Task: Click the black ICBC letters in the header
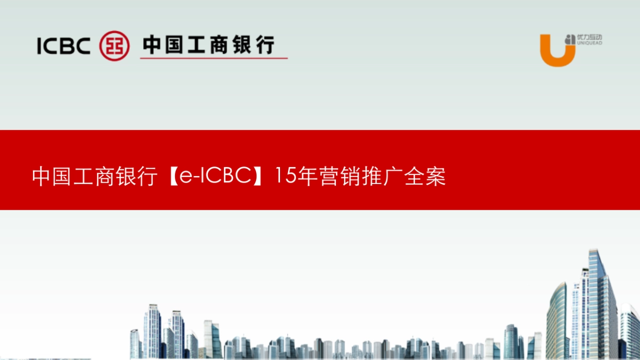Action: tap(63, 45)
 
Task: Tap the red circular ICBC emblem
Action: tap(115, 45)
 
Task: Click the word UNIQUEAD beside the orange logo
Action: tap(590, 43)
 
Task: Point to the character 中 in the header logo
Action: tap(153, 45)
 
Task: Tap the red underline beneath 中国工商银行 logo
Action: tap(213, 58)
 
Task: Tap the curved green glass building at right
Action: tap(557, 320)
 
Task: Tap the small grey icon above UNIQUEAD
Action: tap(571, 37)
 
